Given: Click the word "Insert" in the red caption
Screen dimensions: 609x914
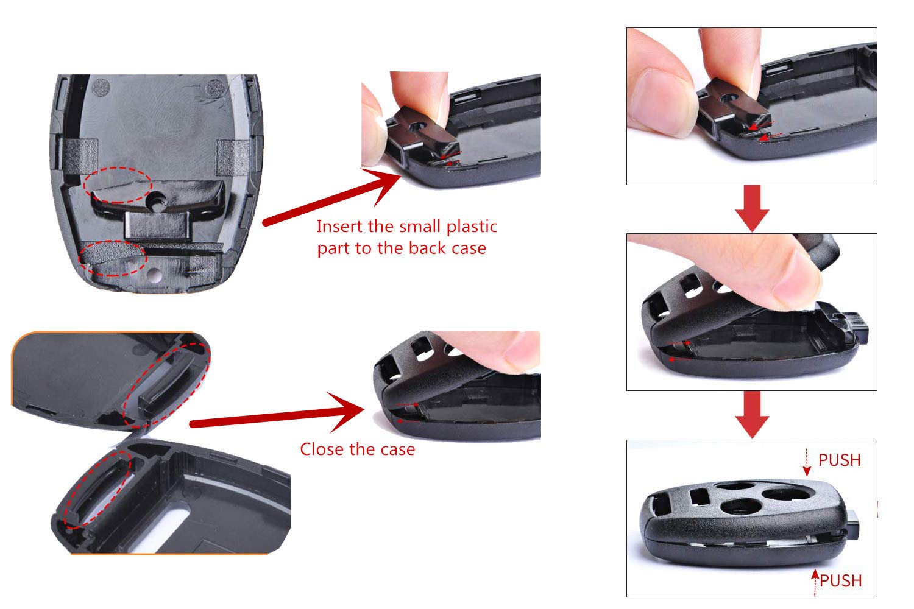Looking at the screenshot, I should tap(338, 227).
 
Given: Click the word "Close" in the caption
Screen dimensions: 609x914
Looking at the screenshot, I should tap(321, 449).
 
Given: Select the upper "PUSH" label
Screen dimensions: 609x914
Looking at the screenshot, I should tap(839, 460).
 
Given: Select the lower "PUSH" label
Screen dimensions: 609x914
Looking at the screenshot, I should tap(840, 581).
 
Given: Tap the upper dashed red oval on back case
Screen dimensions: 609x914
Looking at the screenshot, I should tap(118, 185).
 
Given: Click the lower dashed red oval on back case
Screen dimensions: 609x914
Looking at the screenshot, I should tap(114, 258).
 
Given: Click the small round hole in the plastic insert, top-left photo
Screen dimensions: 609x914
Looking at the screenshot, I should tap(159, 199).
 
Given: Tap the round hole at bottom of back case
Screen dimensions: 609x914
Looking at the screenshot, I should tap(157, 275).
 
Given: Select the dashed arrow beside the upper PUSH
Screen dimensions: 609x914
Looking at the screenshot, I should tap(807, 463).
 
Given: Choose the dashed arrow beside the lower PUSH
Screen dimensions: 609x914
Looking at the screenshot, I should tap(815, 582).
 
